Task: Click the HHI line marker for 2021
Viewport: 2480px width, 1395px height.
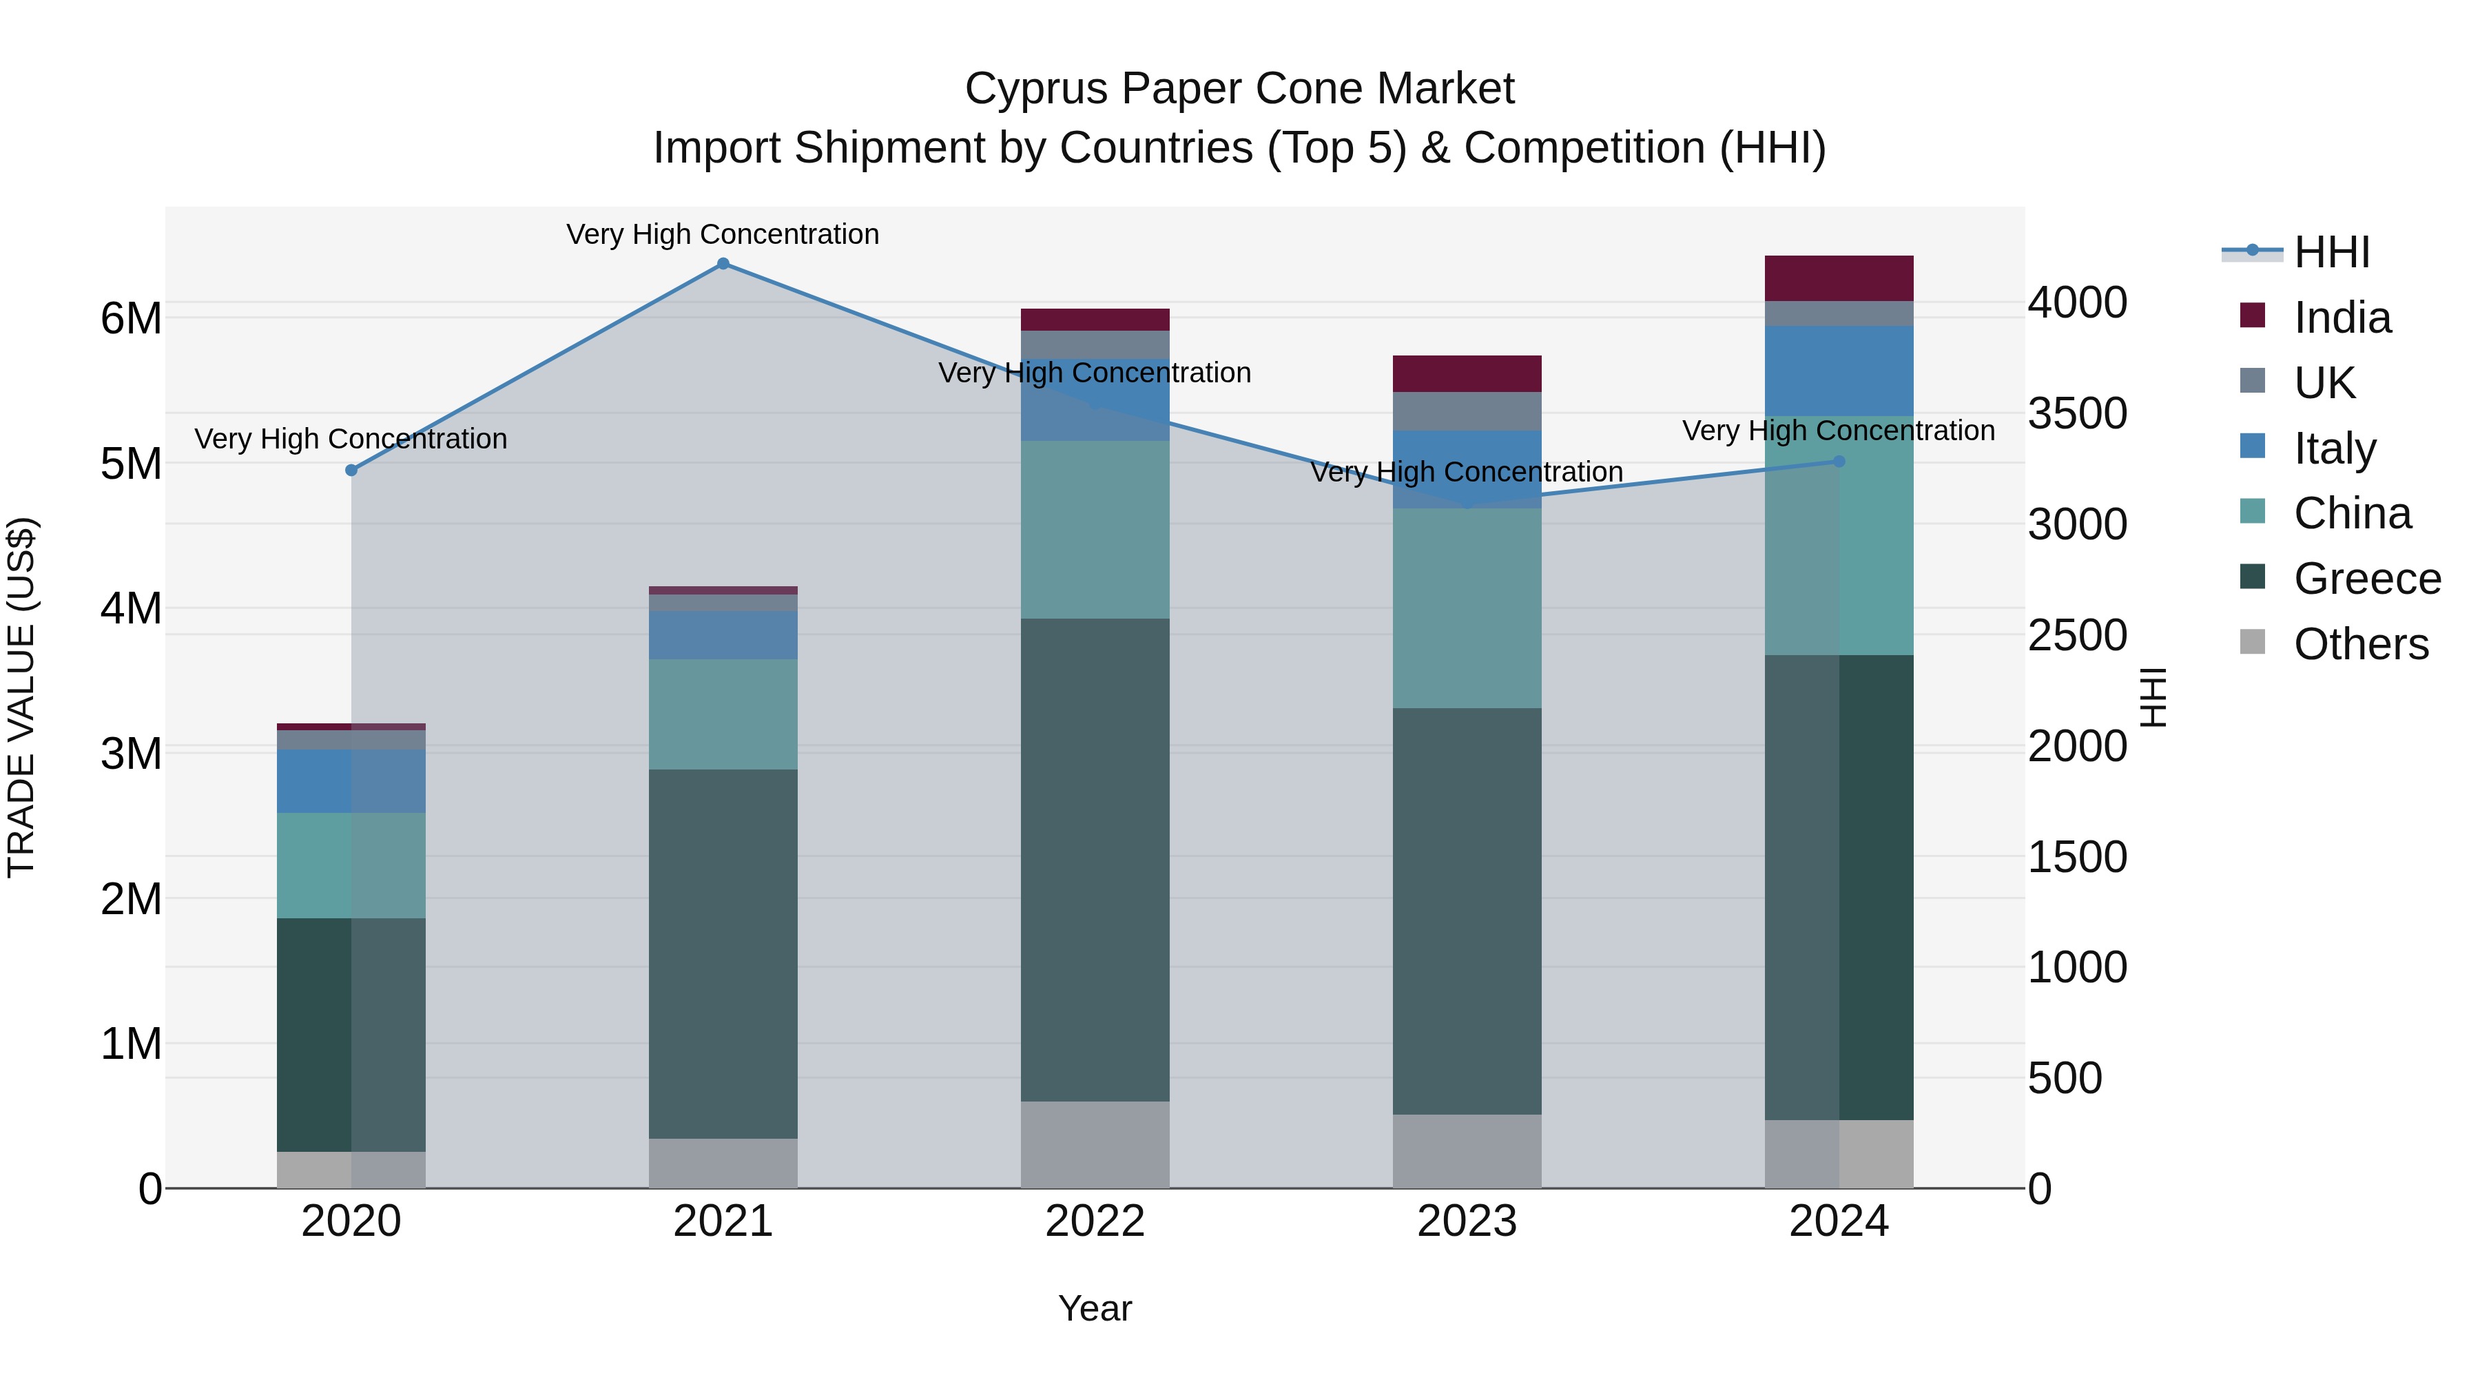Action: (723, 264)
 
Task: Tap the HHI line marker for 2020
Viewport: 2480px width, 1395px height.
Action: (351, 471)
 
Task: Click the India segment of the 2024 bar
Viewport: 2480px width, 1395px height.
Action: (1839, 278)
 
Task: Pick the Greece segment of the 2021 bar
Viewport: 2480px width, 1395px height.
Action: (723, 953)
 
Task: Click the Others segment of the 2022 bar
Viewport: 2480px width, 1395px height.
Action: (1095, 1145)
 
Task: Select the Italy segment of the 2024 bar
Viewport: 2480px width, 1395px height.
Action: (1839, 371)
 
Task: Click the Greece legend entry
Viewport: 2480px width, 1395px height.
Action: (2366, 579)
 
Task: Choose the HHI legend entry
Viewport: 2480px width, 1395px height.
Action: (2331, 252)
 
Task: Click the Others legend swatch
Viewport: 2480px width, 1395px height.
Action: (2253, 642)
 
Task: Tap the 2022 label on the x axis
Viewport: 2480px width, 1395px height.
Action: (1095, 1221)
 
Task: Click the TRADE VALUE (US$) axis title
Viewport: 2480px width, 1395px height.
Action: (22, 697)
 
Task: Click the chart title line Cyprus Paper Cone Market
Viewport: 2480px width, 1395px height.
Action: (1239, 90)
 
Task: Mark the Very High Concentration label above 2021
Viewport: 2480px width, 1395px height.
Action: (723, 235)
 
